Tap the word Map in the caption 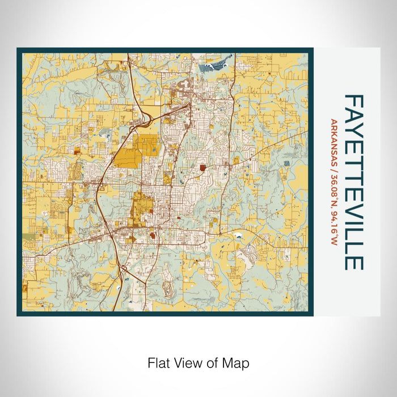pos(237,362)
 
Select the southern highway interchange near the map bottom pos(124,272)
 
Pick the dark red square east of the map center pos(203,168)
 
